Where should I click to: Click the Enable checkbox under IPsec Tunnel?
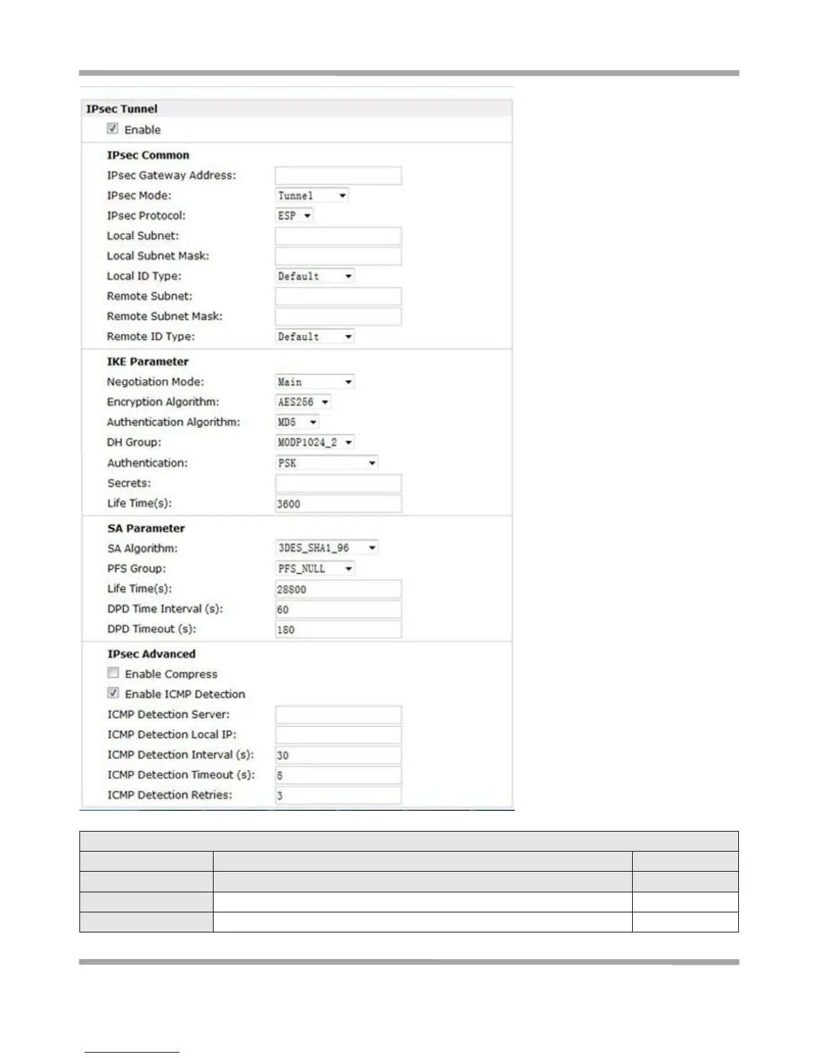coord(113,129)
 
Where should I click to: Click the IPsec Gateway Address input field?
coord(338,176)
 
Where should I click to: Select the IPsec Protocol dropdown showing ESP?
coord(294,216)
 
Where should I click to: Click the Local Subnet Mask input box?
coord(338,256)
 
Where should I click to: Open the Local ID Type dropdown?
coord(315,276)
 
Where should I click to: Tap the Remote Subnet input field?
coord(338,297)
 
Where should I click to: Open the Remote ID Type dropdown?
coord(315,337)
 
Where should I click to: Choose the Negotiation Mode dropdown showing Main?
coord(315,382)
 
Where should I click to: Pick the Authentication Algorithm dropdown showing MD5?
coord(298,422)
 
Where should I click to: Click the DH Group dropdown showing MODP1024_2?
coord(315,442)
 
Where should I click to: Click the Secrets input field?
coord(338,484)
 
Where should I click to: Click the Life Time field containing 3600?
coord(338,504)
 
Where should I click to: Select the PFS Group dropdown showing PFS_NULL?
coord(315,568)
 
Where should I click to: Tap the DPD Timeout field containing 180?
coord(338,629)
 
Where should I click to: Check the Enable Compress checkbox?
coord(113,673)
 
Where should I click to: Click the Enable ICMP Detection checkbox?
coord(113,693)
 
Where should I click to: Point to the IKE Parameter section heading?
coord(148,361)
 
